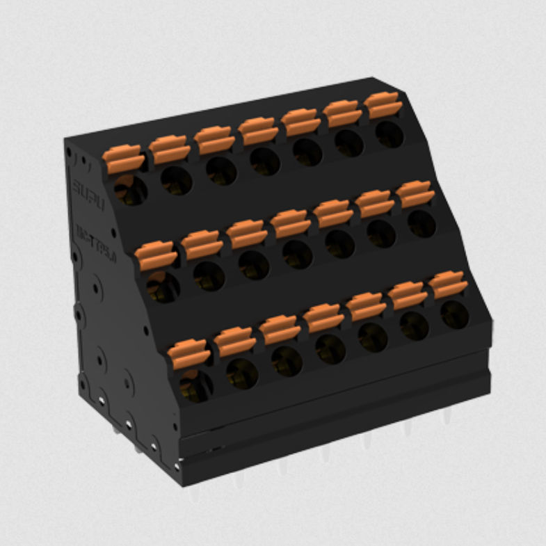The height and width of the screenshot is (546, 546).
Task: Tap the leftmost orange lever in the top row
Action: coord(124,159)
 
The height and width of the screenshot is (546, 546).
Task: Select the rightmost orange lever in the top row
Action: coord(383,104)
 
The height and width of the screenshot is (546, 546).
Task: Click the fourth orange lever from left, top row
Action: coord(259,130)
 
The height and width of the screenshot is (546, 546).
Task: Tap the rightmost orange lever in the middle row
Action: coord(415,193)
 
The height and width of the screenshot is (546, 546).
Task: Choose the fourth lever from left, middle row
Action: coord(290,223)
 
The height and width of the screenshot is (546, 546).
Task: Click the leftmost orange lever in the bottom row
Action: coord(188,353)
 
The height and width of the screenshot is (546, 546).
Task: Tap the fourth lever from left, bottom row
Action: coord(323,317)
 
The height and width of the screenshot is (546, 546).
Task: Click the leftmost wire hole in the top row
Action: coord(131,190)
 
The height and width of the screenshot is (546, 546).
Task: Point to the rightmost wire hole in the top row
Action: coord(390,134)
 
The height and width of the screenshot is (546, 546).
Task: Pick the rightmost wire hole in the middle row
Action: coord(421,223)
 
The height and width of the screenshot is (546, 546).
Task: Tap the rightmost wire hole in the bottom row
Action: coord(454,314)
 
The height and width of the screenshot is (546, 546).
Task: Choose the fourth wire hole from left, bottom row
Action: coord(330,348)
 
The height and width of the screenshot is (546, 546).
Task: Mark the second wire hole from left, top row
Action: coord(176,180)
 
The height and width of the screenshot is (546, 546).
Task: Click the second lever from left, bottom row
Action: coord(234,341)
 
